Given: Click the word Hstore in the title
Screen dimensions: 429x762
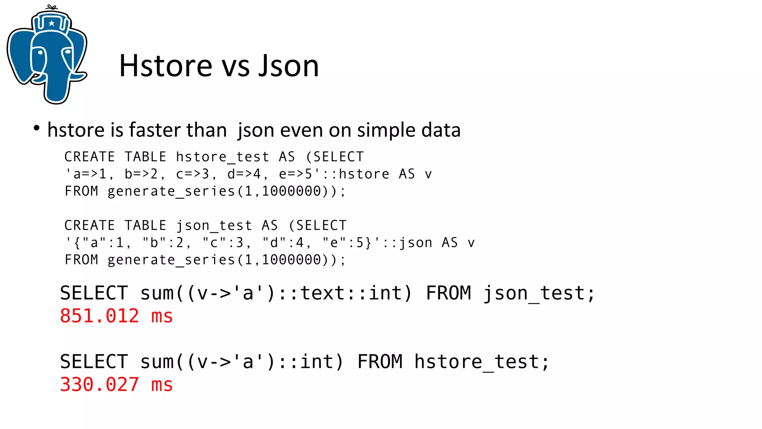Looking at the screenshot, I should point(166,66).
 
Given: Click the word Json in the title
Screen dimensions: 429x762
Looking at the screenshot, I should point(289,66).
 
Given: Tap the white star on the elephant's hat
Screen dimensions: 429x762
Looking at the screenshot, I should point(51,23).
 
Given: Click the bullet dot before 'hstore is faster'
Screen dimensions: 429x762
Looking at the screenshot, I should point(36,128).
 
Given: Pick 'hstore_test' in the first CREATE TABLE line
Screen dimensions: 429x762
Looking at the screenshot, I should point(222,157).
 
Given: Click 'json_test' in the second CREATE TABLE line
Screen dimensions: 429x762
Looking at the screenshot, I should point(214,226).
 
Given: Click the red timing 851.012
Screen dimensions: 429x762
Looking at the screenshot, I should point(99,316).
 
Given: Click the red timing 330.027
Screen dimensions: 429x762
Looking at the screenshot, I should point(99,385).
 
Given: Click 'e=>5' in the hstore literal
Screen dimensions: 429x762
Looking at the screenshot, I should point(296,174).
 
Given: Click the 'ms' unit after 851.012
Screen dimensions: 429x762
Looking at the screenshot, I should point(162,316).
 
